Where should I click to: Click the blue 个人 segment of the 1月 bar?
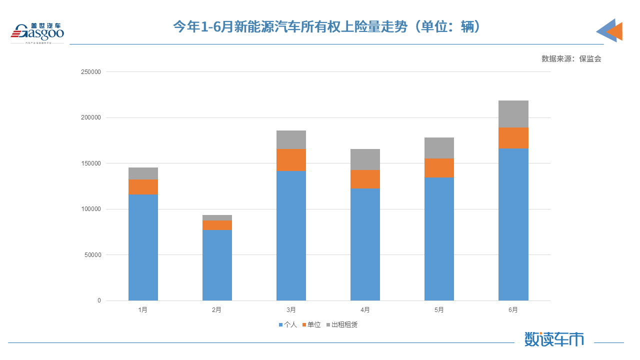143,247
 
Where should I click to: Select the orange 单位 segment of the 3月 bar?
291,159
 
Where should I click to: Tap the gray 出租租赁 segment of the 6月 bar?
513,114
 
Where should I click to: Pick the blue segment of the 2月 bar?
217,265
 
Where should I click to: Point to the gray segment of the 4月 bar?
365,159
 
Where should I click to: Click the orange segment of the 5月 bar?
439,168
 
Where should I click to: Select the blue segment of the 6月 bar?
513,224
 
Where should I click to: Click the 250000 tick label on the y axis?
90,72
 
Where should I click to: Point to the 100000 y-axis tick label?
90,209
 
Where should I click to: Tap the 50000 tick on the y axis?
92,255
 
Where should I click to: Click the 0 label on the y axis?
99,300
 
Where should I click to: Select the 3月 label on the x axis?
291,310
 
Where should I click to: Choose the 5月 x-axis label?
439,310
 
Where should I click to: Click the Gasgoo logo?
37,32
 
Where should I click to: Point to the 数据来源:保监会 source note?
571,58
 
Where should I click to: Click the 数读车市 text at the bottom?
554,339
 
